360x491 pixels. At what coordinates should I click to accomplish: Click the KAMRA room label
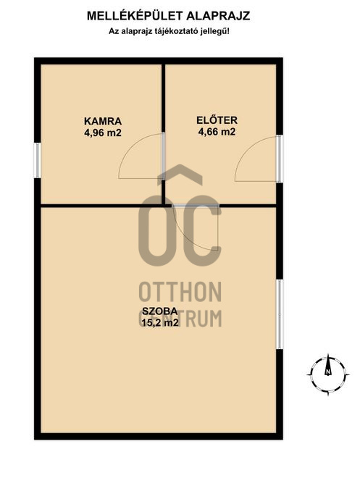[x=103, y=121]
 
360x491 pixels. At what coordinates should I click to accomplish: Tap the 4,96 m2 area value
[x=102, y=133]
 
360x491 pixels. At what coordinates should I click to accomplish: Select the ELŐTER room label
[x=217, y=120]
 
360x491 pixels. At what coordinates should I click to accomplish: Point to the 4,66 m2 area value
[x=217, y=132]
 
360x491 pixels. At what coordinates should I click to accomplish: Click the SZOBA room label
[x=160, y=311]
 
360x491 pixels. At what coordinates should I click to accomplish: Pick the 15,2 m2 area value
[x=160, y=322]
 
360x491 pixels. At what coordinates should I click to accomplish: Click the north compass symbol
[x=328, y=374]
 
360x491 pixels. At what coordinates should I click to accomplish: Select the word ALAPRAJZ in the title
[x=218, y=16]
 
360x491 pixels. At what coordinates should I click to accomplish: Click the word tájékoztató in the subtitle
[x=177, y=31]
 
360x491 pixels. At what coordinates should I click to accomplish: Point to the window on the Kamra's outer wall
[x=37, y=160]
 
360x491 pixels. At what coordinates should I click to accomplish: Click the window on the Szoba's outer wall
[x=280, y=314]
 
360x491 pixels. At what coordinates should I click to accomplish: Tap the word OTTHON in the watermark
[x=180, y=292]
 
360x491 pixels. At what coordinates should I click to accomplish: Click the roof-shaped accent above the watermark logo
[x=179, y=174]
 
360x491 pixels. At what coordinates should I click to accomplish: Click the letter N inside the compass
[x=328, y=372]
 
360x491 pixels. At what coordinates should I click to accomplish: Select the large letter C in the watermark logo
[x=202, y=231]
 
